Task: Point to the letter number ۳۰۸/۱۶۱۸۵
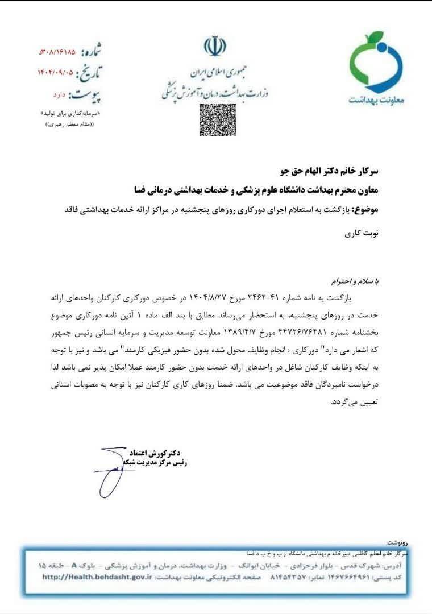57,53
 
